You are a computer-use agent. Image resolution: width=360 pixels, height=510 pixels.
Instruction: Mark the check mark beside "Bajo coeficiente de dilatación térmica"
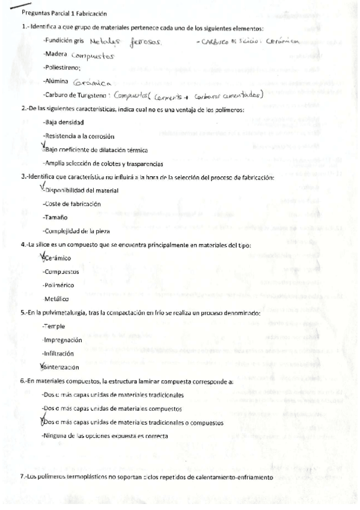point(41,147)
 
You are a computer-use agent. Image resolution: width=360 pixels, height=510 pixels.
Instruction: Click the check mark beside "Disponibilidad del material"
point(40,188)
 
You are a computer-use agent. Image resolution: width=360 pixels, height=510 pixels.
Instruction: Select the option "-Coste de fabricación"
point(72,204)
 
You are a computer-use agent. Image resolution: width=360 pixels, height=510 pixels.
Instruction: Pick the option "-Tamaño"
point(55,218)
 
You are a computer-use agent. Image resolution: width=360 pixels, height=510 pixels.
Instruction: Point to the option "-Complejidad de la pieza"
point(76,231)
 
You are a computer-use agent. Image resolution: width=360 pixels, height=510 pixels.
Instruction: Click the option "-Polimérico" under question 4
point(59,285)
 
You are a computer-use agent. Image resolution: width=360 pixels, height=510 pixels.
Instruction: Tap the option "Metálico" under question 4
point(56,299)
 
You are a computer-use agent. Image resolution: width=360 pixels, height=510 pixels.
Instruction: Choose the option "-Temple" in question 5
point(55,325)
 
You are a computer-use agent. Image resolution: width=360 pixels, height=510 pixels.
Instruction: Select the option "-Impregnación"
point(63,339)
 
